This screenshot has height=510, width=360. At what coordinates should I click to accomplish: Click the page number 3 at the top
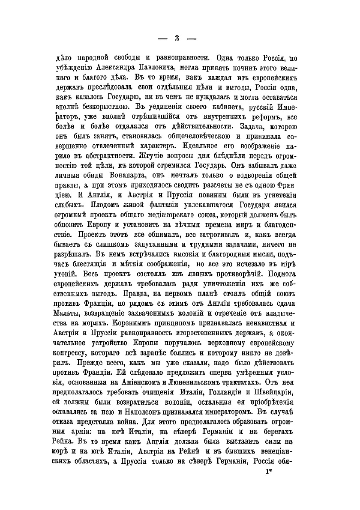tap(177, 38)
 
